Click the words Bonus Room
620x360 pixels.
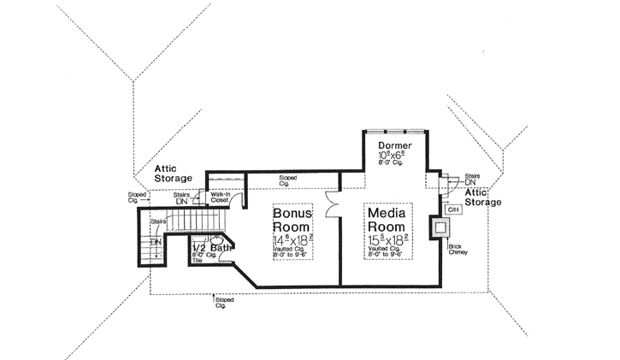coord(292,221)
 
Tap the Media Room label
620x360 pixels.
coord(387,221)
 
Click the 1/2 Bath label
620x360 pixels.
coord(210,248)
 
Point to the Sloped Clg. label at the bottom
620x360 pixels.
coord(223,302)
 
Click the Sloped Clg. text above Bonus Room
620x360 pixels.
coord(289,180)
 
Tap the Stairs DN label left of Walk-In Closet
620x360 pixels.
coord(180,198)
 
